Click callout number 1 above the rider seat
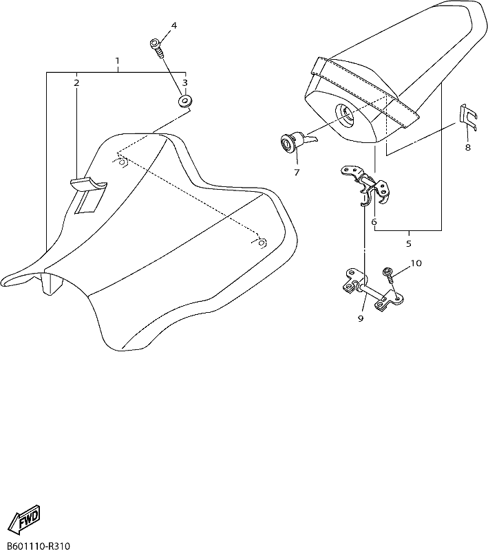tap(117, 60)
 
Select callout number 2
tap(76, 83)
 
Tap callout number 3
tap(184, 82)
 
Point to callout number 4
tap(173, 25)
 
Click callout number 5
tap(408, 243)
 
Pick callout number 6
tap(374, 221)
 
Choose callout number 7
tap(297, 173)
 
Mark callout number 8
tap(467, 148)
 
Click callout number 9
tap(361, 318)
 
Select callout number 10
tap(416, 263)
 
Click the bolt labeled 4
tap(156, 49)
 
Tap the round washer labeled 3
tap(184, 101)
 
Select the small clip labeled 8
tap(468, 117)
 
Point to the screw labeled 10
tap(390, 276)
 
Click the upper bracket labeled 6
tap(365, 184)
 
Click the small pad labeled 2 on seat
tap(89, 195)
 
